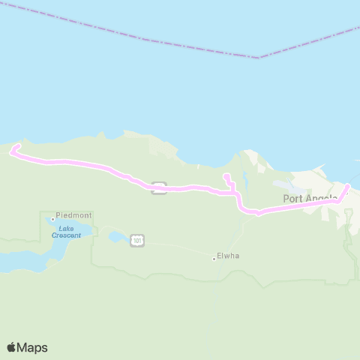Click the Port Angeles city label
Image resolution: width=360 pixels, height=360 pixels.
coord(309,199)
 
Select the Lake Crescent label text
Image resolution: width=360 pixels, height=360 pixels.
coord(66,231)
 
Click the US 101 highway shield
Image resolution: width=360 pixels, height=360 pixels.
coord(136,240)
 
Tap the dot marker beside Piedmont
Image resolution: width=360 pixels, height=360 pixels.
coord(52,219)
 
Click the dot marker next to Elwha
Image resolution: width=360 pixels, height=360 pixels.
coord(214,259)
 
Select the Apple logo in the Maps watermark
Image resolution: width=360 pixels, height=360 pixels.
coord(12,347)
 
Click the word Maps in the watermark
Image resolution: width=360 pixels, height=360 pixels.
coord(33,347)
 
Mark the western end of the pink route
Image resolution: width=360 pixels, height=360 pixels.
coord(11,152)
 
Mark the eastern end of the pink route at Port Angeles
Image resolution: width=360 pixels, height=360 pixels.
coord(347,186)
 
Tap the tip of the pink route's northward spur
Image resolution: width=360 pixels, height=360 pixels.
coord(226,176)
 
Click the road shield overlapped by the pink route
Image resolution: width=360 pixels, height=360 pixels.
coord(158,187)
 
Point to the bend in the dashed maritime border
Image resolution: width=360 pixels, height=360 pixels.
coord(259,58)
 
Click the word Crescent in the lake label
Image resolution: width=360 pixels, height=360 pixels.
coord(66,235)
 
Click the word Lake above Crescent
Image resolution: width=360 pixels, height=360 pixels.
coord(66,227)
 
